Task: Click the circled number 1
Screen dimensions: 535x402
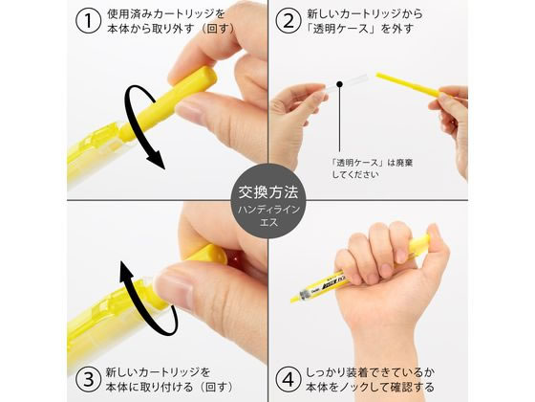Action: coord(88,20)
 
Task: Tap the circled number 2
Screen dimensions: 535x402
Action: coord(289,20)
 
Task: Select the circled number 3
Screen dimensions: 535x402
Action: coord(88,379)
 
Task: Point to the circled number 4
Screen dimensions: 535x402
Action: coord(289,379)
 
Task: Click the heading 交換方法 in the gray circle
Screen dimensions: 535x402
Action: coord(267,192)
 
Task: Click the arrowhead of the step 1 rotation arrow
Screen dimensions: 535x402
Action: coord(157,162)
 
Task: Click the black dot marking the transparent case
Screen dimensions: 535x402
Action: coord(339,84)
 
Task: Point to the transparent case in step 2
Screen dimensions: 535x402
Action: coord(346,84)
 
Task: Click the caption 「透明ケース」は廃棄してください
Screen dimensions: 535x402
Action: coord(372,168)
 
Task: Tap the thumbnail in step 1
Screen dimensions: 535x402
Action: coord(188,112)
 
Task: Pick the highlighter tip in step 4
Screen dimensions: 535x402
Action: coord(294,299)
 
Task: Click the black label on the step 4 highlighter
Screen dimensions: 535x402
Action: coord(331,283)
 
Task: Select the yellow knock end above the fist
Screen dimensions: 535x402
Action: coord(419,244)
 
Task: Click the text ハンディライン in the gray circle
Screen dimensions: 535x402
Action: coord(268,210)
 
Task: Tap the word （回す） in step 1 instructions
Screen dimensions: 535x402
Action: coord(218,29)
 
